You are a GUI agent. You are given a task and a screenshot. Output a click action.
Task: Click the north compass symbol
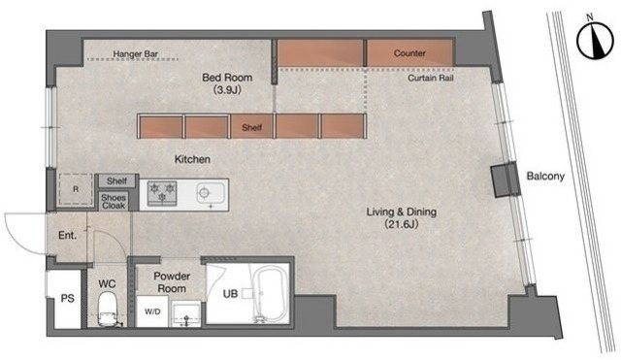[x=595, y=40]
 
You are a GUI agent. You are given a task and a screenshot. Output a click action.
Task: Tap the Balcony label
[x=545, y=177]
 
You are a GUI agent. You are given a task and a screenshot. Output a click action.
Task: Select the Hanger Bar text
[x=136, y=53]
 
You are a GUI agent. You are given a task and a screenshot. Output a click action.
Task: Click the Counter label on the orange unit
[x=409, y=53]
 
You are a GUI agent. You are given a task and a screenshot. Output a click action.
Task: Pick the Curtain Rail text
[x=431, y=78]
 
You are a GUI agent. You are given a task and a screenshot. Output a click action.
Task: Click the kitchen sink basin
[x=210, y=194]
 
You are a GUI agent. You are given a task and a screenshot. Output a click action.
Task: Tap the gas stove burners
[x=162, y=193]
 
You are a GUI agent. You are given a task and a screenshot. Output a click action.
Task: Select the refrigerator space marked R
[x=76, y=189]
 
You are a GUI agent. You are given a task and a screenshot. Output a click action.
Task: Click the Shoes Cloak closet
[x=114, y=201]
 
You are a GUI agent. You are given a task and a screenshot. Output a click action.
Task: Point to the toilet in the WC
[x=108, y=310]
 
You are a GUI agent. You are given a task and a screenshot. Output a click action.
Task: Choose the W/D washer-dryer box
[x=152, y=311]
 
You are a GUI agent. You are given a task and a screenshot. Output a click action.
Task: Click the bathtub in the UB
[x=269, y=294]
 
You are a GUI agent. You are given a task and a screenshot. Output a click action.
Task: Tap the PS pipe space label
[x=67, y=298]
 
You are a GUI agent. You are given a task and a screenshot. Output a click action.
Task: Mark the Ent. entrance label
[x=67, y=235]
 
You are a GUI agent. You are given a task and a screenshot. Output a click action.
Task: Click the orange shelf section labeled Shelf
[x=251, y=126]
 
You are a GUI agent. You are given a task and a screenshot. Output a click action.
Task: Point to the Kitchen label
[x=192, y=159]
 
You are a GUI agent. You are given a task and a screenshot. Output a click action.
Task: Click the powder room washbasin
[x=186, y=313]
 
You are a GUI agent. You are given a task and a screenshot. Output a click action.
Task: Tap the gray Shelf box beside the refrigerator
[x=116, y=181]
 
